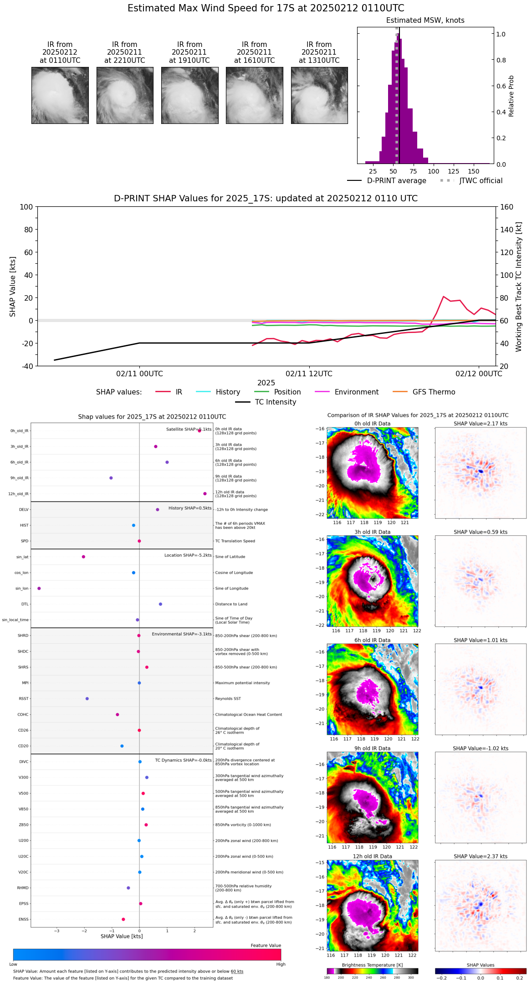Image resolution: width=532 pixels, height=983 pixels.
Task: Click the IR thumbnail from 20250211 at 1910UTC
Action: click(189, 95)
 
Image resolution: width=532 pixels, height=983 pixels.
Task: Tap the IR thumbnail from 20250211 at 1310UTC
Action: click(319, 95)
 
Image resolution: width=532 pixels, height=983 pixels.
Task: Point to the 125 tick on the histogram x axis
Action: click(453, 171)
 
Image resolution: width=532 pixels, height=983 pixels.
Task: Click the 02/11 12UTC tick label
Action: click(309, 374)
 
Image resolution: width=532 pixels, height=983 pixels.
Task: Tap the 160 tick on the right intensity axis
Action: click(507, 207)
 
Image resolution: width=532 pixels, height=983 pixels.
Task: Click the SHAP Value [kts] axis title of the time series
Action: click(13, 287)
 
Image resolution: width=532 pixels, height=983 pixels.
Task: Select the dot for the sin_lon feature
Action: click(39, 589)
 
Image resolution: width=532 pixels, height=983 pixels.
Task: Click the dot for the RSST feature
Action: click(87, 699)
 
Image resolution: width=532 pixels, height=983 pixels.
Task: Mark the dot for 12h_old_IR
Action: click(205, 494)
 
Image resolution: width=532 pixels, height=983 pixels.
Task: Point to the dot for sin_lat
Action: click(83, 557)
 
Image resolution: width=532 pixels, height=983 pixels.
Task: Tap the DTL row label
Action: click(25, 604)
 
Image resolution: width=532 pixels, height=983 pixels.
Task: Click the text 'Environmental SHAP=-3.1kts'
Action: click(182, 634)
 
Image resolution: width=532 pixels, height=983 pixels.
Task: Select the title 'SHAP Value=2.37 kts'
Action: click(481, 856)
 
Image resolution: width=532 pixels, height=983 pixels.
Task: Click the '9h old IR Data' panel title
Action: click(372, 748)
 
